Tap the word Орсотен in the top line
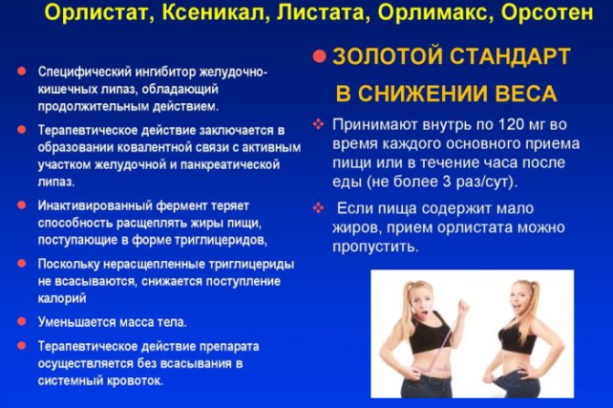[x=546, y=13]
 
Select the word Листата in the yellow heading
[x=323, y=13]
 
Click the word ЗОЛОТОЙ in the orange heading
[x=386, y=57]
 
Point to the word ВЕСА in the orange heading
[x=526, y=94]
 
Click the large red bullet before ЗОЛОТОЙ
[x=320, y=57]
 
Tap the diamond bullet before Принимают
[x=319, y=124]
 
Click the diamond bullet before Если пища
[x=319, y=208]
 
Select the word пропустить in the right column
[x=375, y=246]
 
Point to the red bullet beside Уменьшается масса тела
[x=22, y=321]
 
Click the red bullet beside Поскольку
[x=22, y=264]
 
